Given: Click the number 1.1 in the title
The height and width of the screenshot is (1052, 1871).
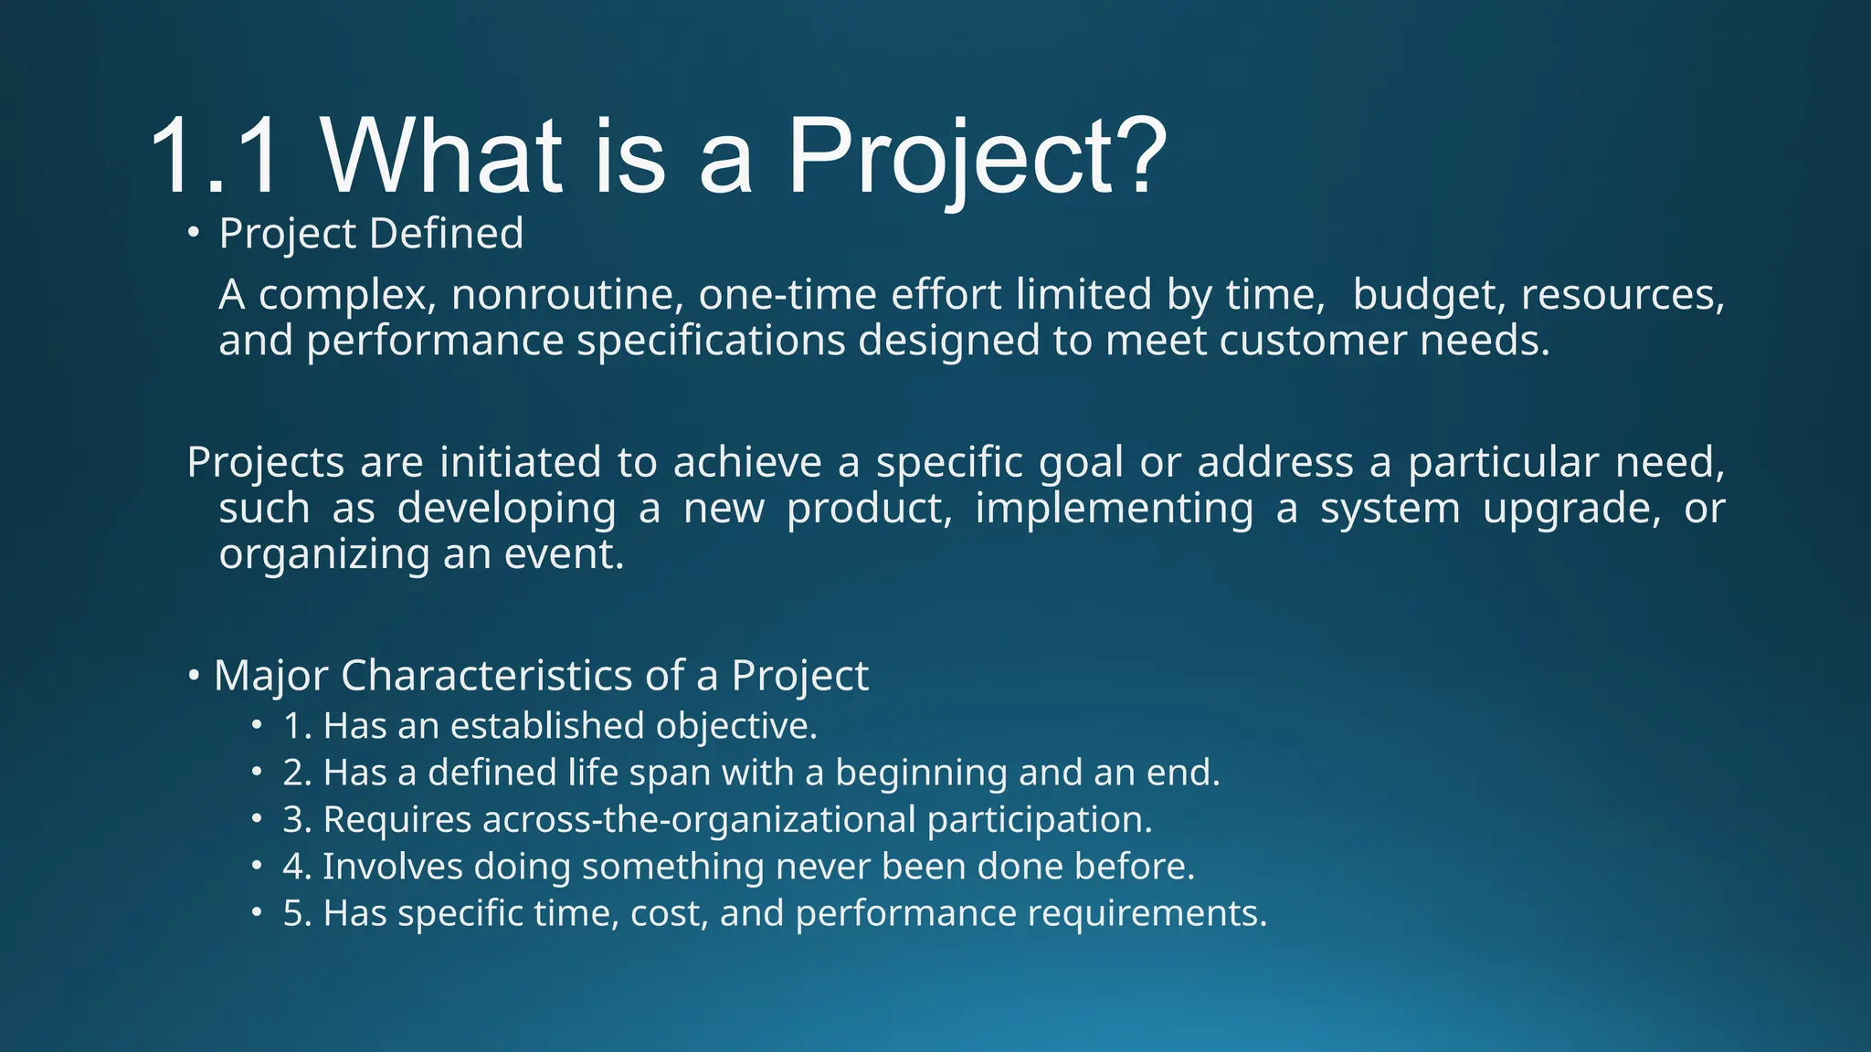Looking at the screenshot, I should (213, 157).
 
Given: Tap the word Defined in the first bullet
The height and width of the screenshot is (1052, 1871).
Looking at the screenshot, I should (447, 234).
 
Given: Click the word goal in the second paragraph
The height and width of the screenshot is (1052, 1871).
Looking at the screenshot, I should (1081, 463).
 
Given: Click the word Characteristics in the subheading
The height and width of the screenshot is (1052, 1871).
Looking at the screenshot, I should (487, 677).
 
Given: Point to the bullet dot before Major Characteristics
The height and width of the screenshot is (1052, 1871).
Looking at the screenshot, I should (194, 677).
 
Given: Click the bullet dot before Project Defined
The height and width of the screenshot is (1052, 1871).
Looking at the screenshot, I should (193, 234).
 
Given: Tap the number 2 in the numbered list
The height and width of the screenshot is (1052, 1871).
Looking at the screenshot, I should (292, 773).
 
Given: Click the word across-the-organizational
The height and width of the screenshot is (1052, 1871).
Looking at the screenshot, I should (699, 820).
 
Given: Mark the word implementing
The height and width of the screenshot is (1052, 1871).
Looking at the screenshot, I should (1114, 509).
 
